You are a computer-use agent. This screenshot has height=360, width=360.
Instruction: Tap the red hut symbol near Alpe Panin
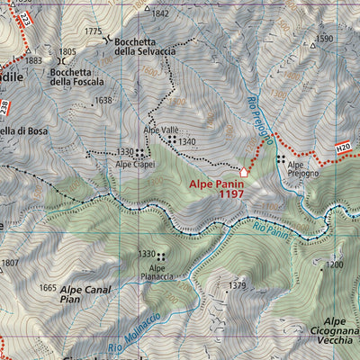click(x=244, y=171)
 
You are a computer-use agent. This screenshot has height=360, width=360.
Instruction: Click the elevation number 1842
click(x=160, y=13)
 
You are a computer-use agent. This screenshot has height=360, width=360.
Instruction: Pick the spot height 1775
click(x=93, y=31)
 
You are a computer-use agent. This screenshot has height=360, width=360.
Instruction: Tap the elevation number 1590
click(x=324, y=39)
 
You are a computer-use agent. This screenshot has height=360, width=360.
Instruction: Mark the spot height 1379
click(x=237, y=285)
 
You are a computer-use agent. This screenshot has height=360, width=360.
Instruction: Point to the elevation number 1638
click(x=103, y=100)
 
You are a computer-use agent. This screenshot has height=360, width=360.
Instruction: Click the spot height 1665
click(x=48, y=288)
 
